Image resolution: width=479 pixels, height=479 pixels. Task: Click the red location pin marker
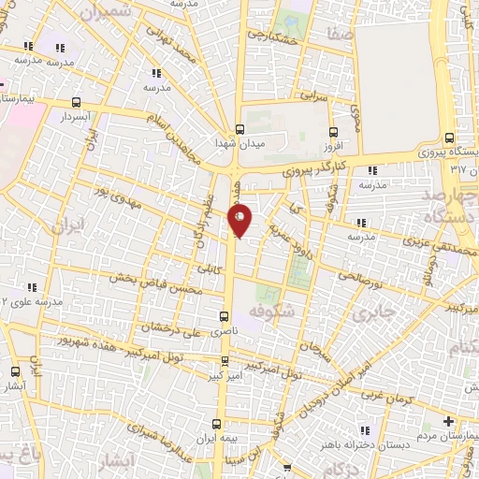click(240, 222)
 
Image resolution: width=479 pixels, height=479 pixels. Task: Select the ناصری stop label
click(223, 331)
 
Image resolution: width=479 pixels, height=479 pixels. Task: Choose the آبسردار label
click(75, 119)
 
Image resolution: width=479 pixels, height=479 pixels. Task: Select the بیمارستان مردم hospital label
click(440, 437)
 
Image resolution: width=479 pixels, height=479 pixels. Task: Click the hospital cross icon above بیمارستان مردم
click(449, 421)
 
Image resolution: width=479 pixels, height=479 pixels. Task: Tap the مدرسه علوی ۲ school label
click(34, 301)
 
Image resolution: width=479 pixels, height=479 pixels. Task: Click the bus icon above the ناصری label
click(224, 316)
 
